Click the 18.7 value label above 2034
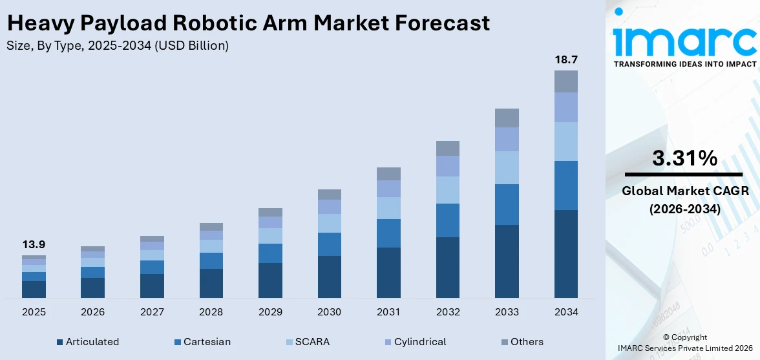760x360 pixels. [566, 59]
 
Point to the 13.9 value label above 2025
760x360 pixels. [34, 244]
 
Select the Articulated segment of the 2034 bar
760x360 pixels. [566, 253]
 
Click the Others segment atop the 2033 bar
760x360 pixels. [507, 118]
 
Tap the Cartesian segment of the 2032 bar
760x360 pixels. [448, 220]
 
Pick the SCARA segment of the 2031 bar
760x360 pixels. [388, 208]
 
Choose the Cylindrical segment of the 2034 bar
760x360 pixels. [566, 107]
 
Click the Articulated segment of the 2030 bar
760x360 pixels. [329, 277]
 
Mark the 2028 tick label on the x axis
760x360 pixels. [211, 312]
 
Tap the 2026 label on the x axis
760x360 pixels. [93, 312]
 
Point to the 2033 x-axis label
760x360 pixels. [507, 312]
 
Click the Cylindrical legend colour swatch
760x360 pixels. [387, 342]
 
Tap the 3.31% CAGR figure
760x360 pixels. [684, 158]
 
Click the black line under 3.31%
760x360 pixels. [684, 175]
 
